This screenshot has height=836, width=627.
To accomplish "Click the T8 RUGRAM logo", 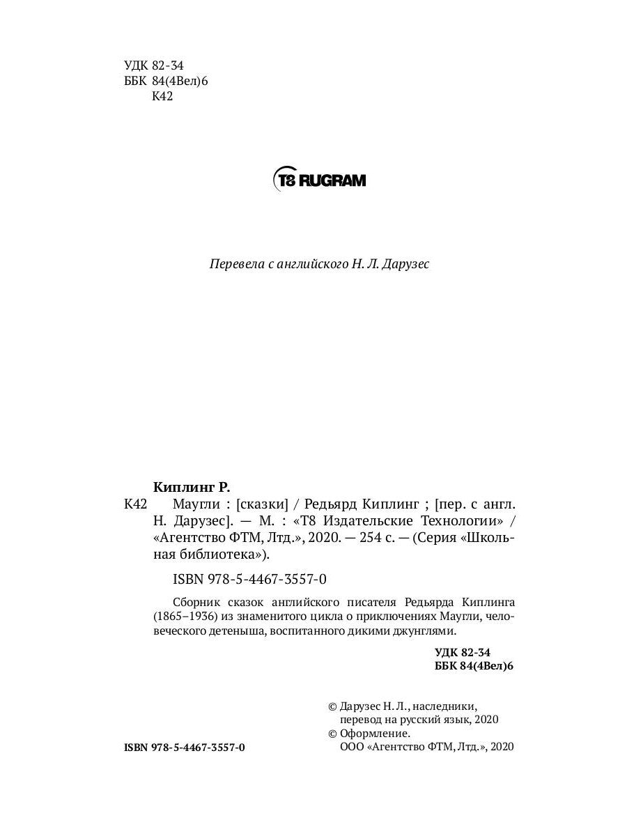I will tap(318, 180).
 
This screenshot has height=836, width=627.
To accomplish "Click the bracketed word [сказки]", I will tap(263, 504).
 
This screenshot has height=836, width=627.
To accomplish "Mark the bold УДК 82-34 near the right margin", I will tap(463, 652).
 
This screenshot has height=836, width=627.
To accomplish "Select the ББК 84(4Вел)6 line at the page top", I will tap(166, 82).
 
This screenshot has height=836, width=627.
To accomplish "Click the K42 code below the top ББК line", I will tap(162, 97).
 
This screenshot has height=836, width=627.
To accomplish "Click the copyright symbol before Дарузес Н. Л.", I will tap(332, 706).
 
